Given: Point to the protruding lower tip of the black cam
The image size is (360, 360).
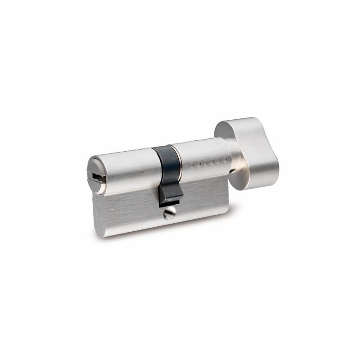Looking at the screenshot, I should [x=170, y=198].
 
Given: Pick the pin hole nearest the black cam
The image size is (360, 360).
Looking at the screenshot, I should [x=192, y=166].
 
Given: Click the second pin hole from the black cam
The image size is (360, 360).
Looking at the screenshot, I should [x=199, y=164].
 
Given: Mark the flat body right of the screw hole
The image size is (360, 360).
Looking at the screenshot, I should [x=202, y=202].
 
